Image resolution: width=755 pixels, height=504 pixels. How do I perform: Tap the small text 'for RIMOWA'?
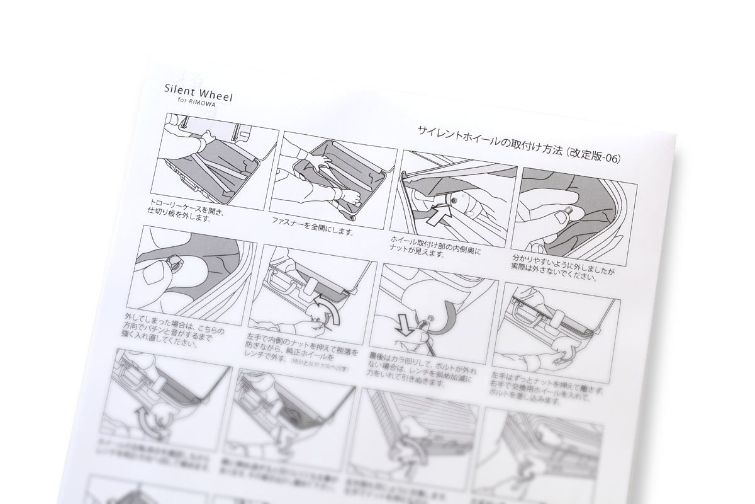click(194, 106)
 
